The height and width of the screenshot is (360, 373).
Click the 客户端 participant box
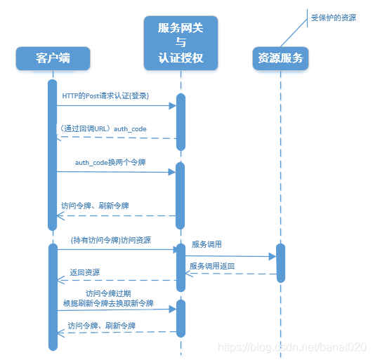[x=53, y=58]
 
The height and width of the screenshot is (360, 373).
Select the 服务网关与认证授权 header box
[x=181, y=43]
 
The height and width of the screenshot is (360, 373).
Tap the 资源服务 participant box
[x=280, y=58]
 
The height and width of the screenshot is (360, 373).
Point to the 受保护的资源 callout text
[x=334, y=18]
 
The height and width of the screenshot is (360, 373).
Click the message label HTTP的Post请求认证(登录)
[x=105, y=95]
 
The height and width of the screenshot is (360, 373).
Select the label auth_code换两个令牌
[x=110, y=162]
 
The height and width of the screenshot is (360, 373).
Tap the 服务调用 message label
[x=207, y=245]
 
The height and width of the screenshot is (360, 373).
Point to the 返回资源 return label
[x=84, y=272]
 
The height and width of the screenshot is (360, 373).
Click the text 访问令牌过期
[x=108, y=293]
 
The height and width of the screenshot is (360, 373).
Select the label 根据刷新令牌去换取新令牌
[x=107, y=303]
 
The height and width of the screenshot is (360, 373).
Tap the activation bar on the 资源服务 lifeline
[x=281, y=263]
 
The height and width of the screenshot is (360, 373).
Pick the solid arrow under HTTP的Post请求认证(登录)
[x=116, y=105]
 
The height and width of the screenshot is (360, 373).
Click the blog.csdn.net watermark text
[x=292, y=347]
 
